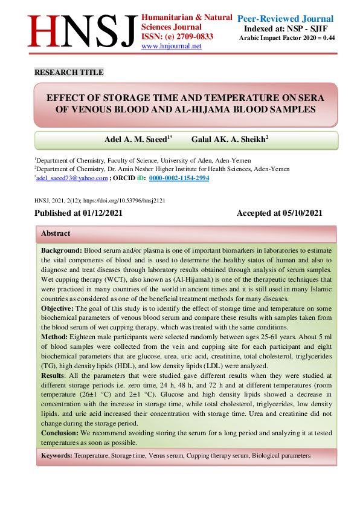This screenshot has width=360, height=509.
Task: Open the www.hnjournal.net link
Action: [x=171, y=46]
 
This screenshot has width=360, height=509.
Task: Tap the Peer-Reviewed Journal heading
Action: [x=285, y=19]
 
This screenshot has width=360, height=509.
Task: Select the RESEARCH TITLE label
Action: [x=69, y=73]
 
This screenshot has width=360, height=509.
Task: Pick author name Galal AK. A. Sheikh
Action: [x=230, y=139]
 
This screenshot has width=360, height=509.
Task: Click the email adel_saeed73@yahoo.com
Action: [x=72, y=179]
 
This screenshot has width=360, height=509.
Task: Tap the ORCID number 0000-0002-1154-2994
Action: [x=179, y=179]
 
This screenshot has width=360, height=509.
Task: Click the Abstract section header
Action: [x=56, y=233]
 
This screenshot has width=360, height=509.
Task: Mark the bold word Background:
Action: [x=62, y=250]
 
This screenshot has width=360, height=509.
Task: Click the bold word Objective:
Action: [x=57, y=308]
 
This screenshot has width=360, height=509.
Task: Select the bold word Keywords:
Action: [x=56, y=455]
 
